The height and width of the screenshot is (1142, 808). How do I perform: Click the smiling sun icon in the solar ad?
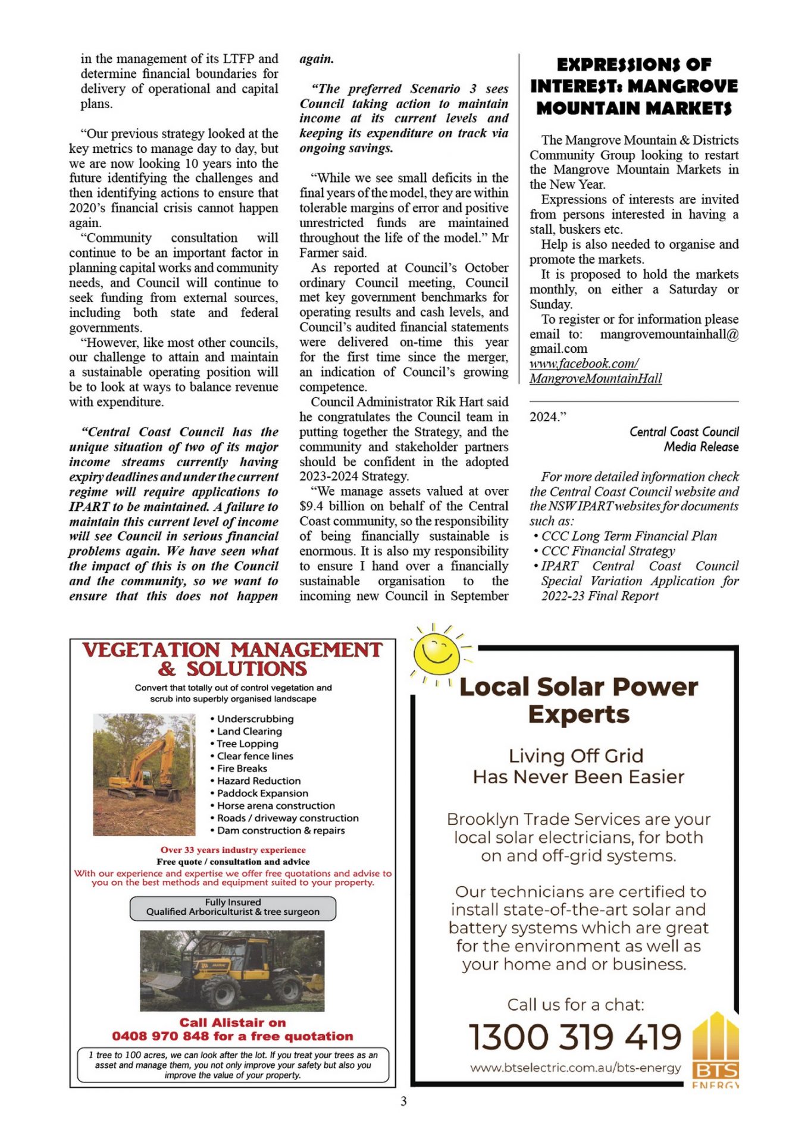[438, 652]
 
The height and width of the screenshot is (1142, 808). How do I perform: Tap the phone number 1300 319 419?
[575, 1037]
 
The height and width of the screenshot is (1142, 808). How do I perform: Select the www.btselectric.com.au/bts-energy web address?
[575, 1068]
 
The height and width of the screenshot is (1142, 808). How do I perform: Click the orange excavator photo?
[144, 774]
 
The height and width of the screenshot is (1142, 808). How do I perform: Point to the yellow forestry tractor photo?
[232, 971]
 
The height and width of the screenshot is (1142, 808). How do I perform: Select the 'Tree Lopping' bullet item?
[247, 743]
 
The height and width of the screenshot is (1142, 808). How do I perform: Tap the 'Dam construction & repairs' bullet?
[280, 830]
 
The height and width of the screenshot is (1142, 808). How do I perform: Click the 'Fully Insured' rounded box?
[233, 907]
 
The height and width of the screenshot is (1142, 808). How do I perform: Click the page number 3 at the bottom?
[403, 1102]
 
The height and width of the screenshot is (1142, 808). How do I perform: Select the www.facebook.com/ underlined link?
[584, 363]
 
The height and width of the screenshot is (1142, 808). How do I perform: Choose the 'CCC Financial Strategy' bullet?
[607, 551]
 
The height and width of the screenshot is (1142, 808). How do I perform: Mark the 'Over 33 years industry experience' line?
[233, 850]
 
